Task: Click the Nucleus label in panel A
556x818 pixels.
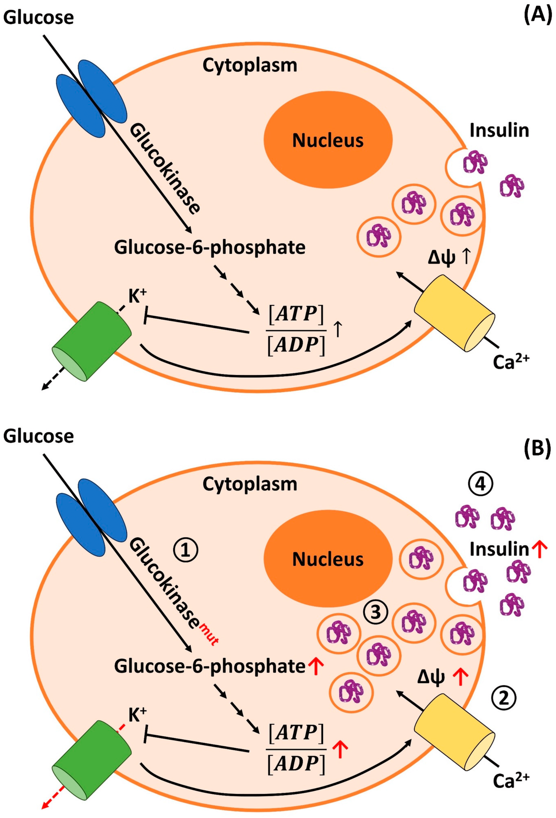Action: [328, 140]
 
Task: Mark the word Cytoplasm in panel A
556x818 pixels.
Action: [250, 65]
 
